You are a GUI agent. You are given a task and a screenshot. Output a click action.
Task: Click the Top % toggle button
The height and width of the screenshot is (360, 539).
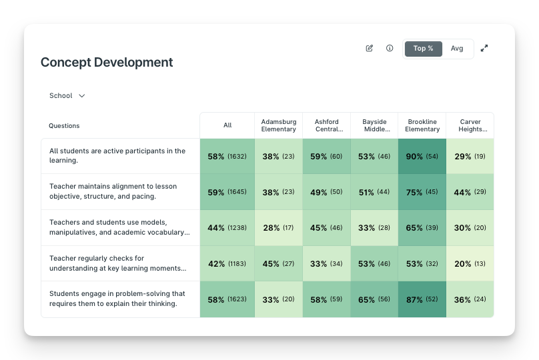423,49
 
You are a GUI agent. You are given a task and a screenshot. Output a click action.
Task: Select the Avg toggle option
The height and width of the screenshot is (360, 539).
457,49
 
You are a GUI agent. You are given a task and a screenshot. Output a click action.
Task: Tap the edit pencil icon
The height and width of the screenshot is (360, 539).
369,48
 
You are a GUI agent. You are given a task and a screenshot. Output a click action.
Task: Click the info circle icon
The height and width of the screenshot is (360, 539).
390,48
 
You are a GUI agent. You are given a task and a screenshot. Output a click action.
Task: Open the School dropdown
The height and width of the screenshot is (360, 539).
67,95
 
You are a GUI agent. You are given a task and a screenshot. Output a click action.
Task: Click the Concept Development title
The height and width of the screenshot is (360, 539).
107,62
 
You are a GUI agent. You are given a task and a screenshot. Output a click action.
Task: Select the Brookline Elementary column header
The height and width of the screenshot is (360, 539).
422,125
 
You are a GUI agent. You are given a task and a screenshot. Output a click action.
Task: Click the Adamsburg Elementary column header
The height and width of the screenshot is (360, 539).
278,125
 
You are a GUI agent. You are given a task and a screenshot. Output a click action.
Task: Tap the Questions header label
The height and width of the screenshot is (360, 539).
64,126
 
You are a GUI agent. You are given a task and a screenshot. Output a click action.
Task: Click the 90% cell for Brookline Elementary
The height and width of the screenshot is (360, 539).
422,156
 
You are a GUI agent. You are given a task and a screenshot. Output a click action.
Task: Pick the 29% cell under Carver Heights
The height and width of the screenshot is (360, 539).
470,156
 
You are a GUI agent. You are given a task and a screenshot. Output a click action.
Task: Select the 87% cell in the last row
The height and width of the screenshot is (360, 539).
422,299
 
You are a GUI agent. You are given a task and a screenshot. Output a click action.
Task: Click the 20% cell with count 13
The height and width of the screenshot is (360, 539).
470,263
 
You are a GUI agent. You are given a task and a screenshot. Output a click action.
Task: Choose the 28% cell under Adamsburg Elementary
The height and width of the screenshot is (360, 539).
278,227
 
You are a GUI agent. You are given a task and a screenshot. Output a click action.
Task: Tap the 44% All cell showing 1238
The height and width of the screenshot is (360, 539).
227,227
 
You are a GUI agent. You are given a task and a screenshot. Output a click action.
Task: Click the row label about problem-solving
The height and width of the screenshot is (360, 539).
117,299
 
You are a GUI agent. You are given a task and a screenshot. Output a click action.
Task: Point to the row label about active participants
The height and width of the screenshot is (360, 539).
117,155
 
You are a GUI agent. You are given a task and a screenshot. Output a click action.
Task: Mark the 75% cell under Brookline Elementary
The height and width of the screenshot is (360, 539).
422,192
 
